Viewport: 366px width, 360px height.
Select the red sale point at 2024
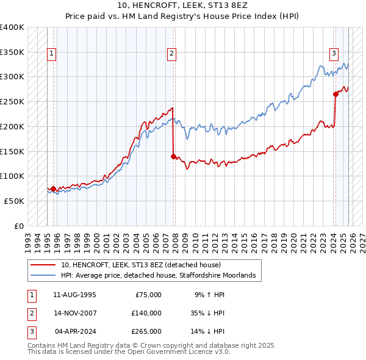(335, 94)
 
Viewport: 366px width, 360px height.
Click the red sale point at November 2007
(173, 156)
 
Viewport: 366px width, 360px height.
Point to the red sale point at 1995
(53, 189)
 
